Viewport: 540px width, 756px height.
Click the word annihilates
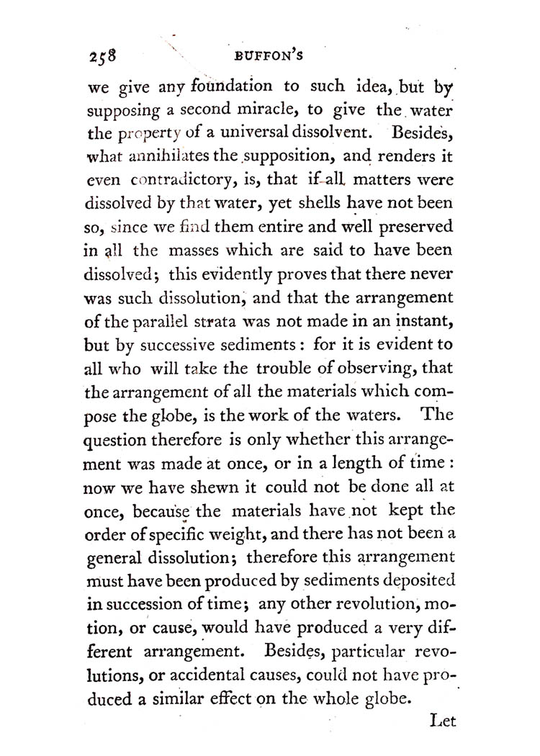[168, 156]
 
